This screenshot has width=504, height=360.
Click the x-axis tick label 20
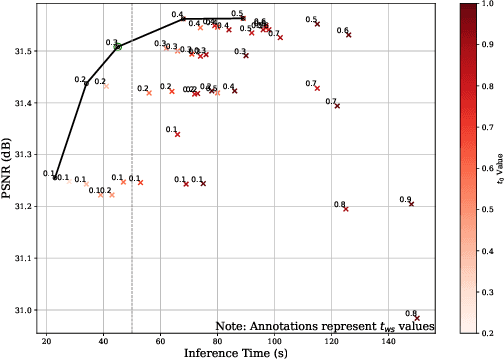coord(47,340)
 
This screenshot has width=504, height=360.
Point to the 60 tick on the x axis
coord(161,340)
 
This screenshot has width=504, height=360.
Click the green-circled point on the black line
coord(118,47)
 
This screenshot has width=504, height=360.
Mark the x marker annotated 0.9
coord(411,203)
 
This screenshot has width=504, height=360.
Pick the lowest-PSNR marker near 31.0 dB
coord(417,318)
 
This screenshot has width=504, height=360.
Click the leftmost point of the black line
coord(55,177)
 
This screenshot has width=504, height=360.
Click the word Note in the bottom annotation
coord(230,326)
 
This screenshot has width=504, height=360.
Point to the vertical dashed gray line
coord(132,200)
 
